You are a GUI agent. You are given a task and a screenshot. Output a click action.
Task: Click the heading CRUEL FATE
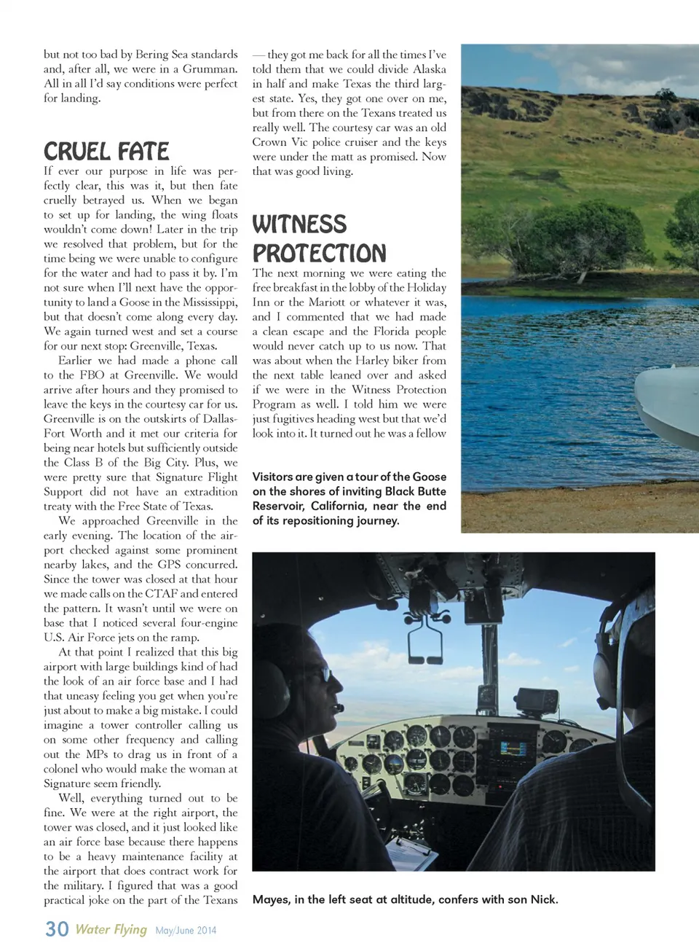point(106,151)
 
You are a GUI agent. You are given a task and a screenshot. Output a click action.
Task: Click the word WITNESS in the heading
point(299,224)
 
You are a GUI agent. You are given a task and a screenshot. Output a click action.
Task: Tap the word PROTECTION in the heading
point(319,253)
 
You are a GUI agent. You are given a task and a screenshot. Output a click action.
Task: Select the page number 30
point(57,928)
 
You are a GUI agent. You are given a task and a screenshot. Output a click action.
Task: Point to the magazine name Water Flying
point(111,929)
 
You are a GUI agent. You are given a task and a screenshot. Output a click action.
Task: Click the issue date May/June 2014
point(186,931)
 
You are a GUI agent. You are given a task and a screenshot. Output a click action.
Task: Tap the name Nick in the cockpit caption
point(542,899)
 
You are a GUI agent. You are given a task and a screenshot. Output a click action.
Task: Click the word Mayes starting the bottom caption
point(270,899)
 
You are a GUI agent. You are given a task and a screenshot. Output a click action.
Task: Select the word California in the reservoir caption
point(338,506)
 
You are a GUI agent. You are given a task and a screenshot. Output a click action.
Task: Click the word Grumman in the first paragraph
point(211,69)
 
